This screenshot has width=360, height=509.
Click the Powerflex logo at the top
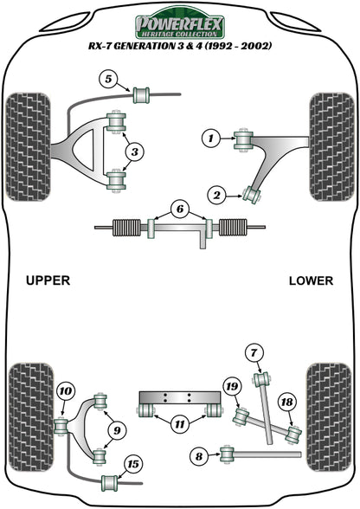[180, 24]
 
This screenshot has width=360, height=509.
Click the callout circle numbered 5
[108, 81]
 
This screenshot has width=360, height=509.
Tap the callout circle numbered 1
[209, 137]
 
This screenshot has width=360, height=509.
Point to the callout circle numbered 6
[178, 209]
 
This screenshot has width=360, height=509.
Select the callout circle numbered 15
[132, 464]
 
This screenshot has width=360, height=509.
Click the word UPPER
[47, 280]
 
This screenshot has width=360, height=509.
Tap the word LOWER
[310, 280]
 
